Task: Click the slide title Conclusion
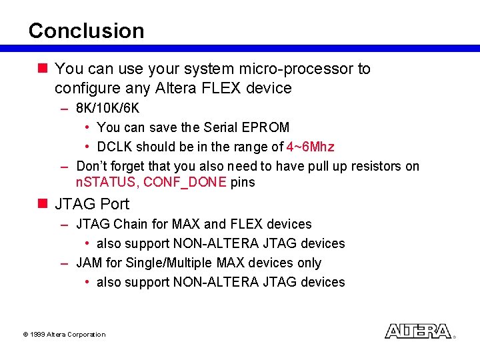[86, 31]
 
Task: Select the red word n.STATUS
[106, 183]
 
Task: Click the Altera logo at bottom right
[418, 331]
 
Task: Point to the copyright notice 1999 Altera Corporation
[64, 334]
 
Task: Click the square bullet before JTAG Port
[43, 203]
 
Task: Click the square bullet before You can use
[43, 68]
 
